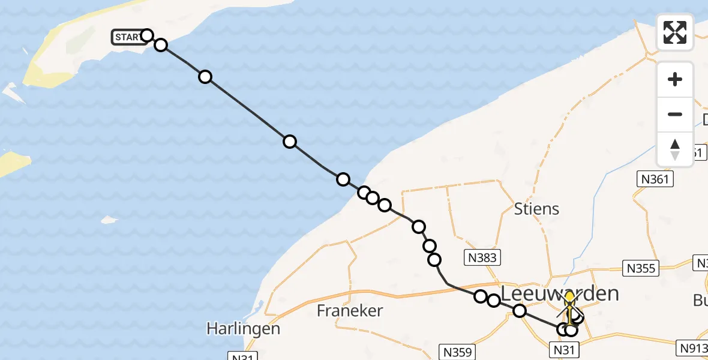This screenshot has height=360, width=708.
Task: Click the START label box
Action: pos(128,38)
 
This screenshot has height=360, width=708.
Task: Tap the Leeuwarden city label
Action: pos(559,293)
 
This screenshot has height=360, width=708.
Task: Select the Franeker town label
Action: pos(349,310)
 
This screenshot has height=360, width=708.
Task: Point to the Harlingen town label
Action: pos(243,329)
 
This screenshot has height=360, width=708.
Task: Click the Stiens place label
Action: pos(536,209)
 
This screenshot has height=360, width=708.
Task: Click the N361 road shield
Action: pos(655,178)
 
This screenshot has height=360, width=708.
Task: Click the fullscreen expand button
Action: pos(675,32)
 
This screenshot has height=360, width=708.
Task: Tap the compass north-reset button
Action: pos(675,149)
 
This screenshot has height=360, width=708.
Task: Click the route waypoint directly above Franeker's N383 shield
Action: pos(434,260)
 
